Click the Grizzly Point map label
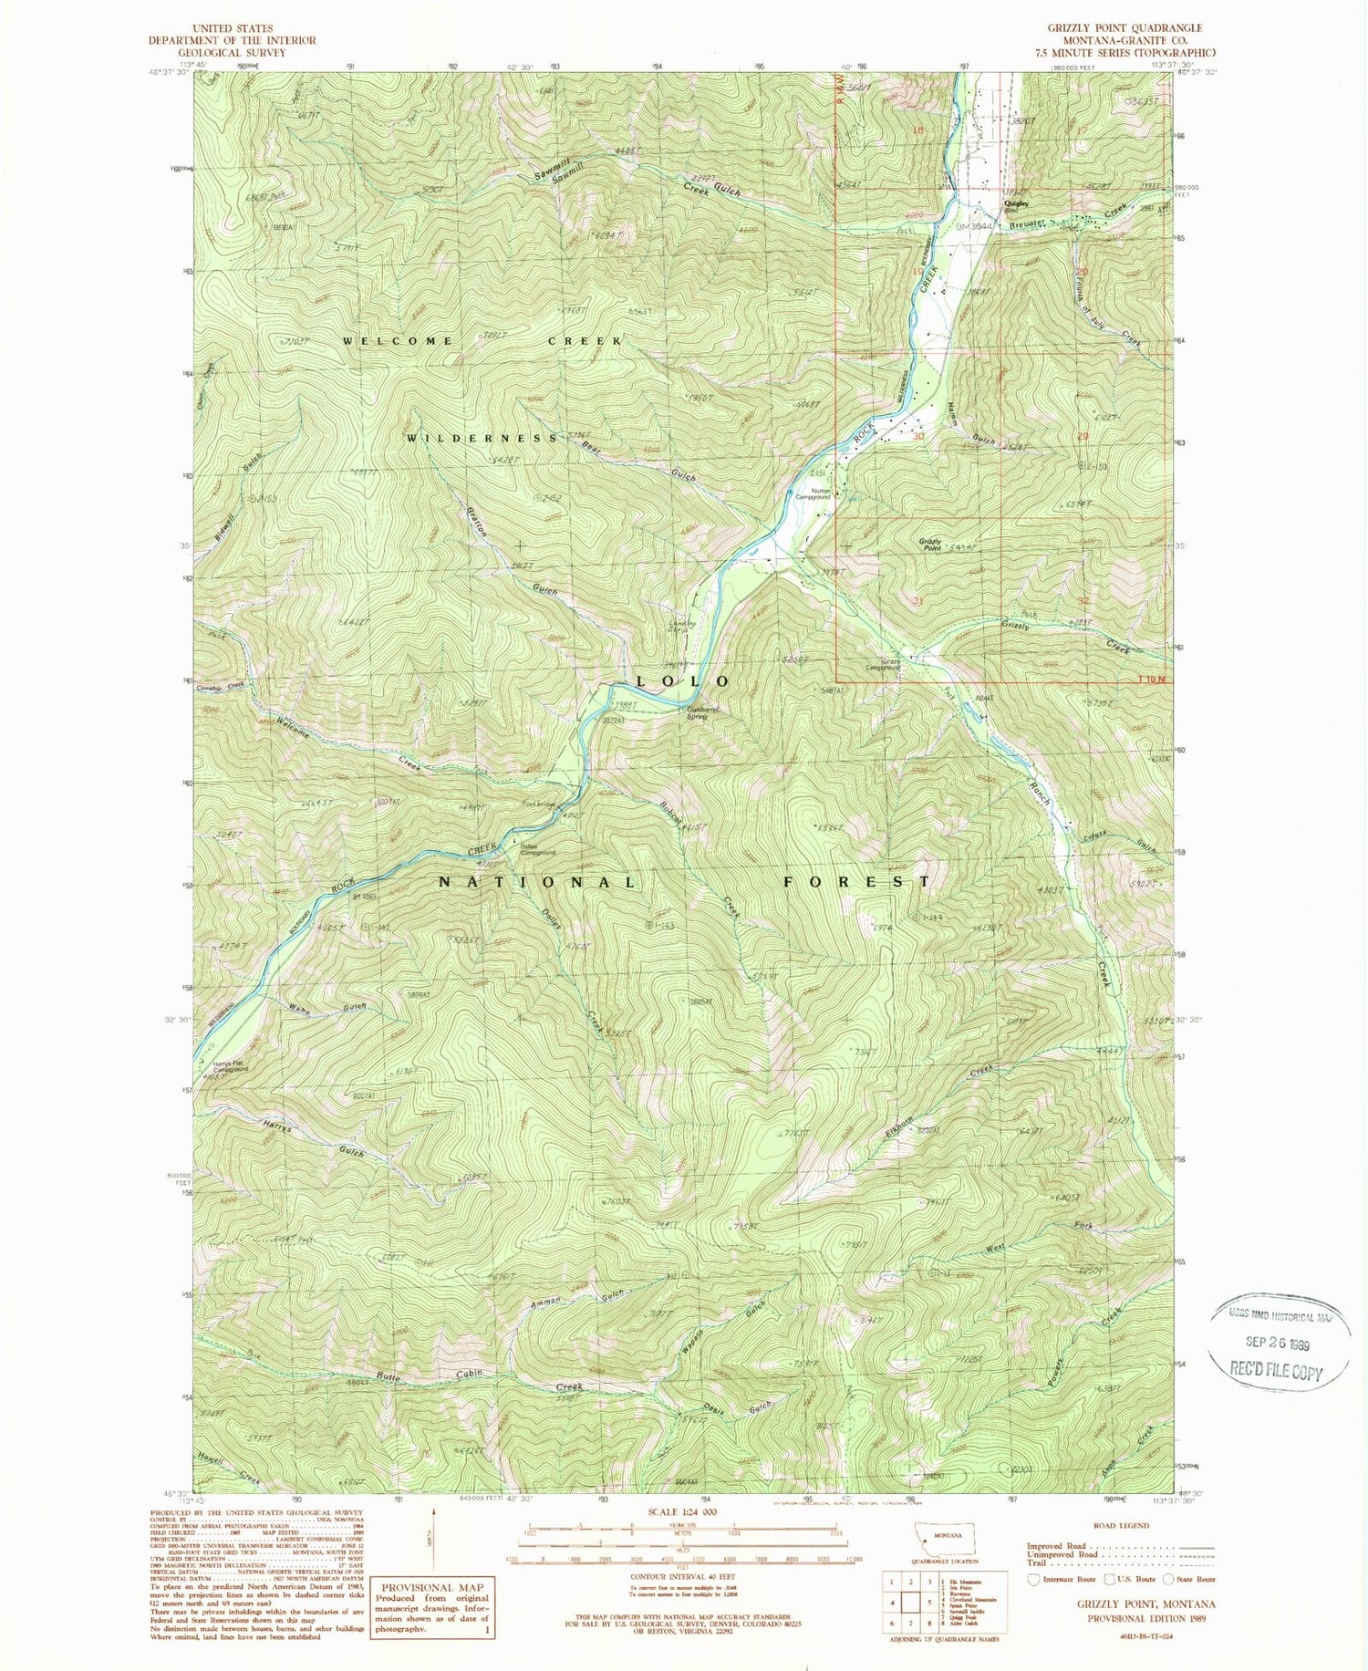tap(930, 545)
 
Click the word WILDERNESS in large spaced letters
tap(482, 439)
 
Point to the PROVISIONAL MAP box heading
tap(434, 1562)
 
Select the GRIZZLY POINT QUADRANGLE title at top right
tap(1125, 28)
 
